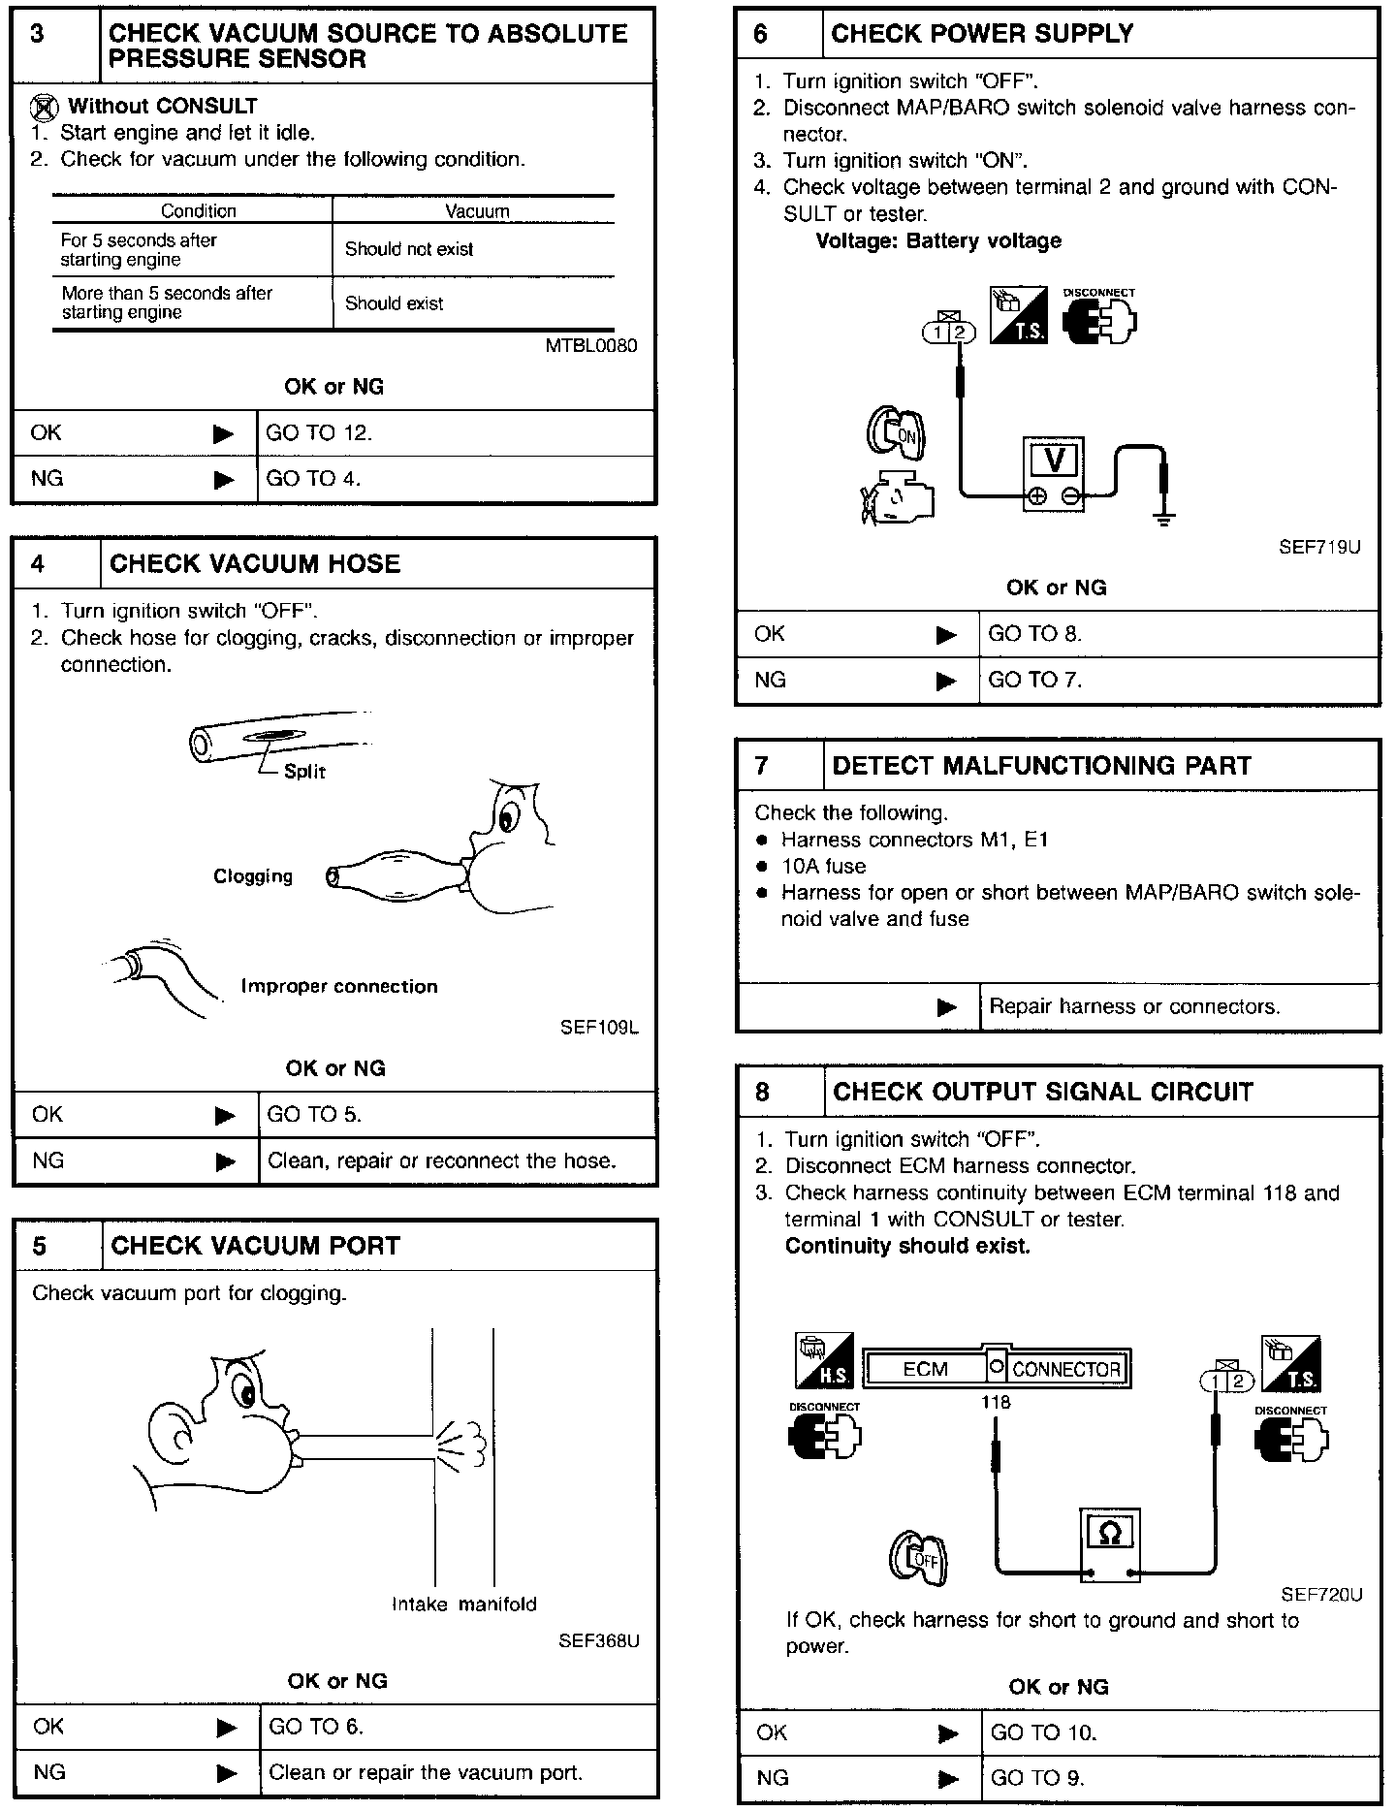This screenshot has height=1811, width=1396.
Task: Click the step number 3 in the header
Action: click(x=38, y=35)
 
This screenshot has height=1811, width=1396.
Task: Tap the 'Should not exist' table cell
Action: click(x=409, y=249)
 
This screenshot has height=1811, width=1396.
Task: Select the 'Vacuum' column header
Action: click(x=477, y=211)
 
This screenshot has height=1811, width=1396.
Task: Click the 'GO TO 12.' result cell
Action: click(x=319, y=433)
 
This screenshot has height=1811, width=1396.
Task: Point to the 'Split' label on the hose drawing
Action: click(x=304, y=772)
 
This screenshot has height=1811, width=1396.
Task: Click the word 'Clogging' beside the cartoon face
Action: click(x=253, y=876)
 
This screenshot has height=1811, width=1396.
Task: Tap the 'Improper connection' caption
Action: click(x=339, y=986)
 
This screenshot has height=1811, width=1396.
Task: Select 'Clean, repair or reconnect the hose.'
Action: click(x=442, y=1160)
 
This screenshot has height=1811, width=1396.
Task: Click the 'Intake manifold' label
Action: click(x=463, y=1604)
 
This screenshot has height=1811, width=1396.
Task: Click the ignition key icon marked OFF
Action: click(x=918, y=1560)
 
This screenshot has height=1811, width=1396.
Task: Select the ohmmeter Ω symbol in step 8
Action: click(x=1111, y=1534)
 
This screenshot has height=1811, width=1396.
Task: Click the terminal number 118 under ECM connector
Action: click(x=996, y=1402)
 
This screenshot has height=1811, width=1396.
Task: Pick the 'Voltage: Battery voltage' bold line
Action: click(x=938, y=240)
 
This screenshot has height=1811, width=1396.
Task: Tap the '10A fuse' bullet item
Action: click(x=824, y=866)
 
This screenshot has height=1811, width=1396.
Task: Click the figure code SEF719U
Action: click(x=1319, y=547)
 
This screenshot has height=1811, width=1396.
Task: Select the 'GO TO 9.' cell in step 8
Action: click(x=1036, y=1778)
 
